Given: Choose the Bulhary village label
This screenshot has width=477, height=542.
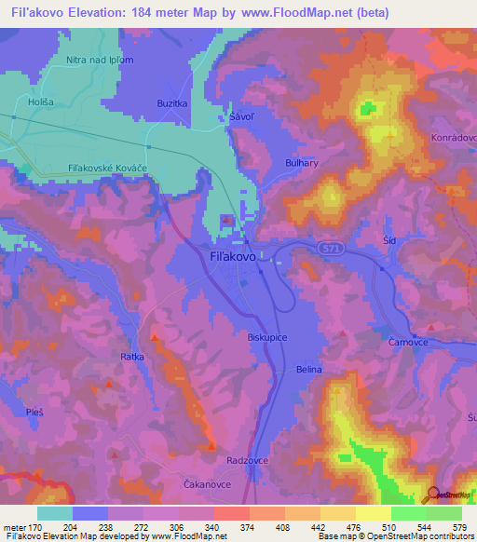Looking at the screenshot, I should (302, 162).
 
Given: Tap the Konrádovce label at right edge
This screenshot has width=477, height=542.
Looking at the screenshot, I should (456, 137).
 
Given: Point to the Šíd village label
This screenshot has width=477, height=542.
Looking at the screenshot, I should (390, 240).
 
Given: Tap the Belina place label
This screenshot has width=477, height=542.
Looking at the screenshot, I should (308, 370).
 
